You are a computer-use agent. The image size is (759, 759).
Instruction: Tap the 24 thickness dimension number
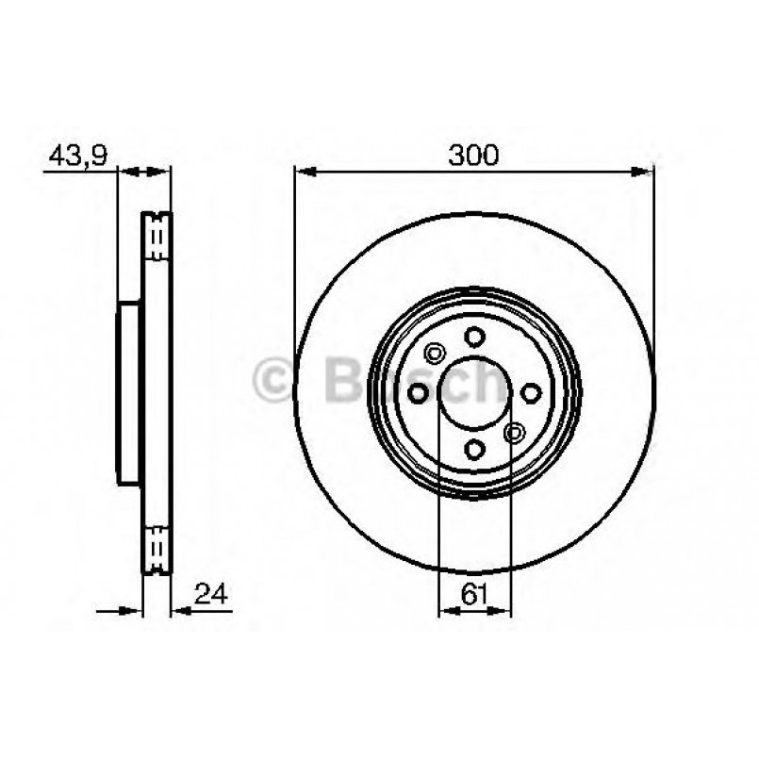[212, 594]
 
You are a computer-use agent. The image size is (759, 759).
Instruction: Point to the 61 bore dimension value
[474, 594]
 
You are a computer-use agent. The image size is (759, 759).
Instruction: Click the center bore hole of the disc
[474, 392]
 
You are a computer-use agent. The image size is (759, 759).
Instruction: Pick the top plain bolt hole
[474, 337]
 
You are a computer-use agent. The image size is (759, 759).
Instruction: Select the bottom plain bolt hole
[474, 449]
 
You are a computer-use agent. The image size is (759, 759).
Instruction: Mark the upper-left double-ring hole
[435, 355]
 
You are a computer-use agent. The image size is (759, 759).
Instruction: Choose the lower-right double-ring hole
[514, 432]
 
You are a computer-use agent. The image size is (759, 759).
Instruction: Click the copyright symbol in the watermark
[275, 381]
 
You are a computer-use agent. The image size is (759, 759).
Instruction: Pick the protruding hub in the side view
[130, 393]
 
